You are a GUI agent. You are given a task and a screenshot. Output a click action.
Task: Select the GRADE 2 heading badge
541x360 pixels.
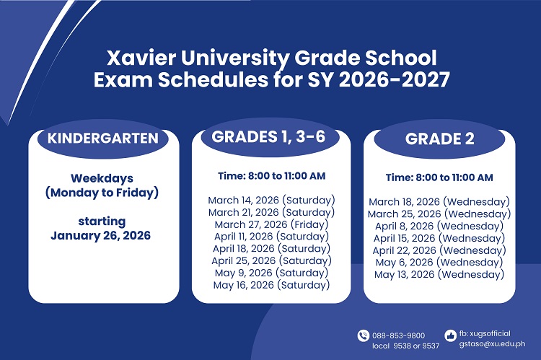[439, 139]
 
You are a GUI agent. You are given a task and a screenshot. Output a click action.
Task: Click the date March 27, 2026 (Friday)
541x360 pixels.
[271, 224]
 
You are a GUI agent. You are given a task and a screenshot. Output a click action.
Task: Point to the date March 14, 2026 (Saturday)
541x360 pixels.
[271, 200]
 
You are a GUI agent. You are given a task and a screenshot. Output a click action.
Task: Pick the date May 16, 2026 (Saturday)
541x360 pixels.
[271, 285]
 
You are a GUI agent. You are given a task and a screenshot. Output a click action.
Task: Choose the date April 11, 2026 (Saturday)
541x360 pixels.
[271, 236]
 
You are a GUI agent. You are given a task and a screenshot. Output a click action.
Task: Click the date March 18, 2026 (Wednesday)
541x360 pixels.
[439, 202]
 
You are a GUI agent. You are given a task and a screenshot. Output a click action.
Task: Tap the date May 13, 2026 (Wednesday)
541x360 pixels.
[439, 275]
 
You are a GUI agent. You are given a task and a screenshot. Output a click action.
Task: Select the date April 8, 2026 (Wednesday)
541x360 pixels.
[439, 226]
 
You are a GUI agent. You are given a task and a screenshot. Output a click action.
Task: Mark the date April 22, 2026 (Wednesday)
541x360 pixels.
[439, 250]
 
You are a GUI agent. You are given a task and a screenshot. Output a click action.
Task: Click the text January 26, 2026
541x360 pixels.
[102, 235]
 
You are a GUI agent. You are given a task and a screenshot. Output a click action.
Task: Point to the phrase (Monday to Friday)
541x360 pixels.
[102, 193]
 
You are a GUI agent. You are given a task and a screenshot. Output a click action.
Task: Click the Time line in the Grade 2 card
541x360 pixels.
[439, 177]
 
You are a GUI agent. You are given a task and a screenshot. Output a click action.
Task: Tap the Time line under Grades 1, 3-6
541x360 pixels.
[271, 175]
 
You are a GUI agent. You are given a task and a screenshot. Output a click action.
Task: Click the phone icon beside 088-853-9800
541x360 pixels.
[363, 335]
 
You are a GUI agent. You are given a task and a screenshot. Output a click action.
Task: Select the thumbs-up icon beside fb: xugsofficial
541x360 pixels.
[451, 335]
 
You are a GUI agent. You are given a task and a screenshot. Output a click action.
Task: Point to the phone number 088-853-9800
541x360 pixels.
[399, 335]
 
